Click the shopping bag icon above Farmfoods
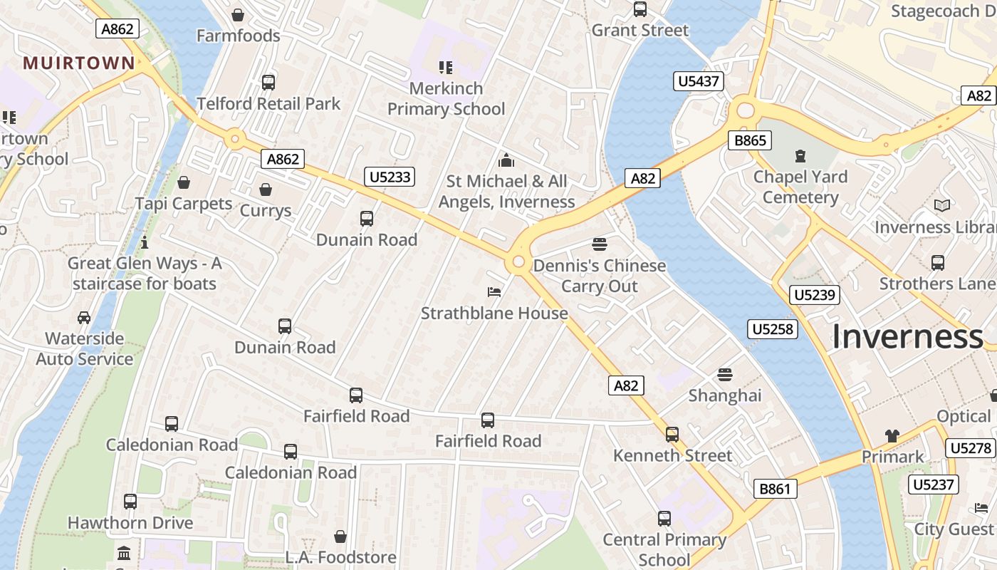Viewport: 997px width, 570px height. [238, 15]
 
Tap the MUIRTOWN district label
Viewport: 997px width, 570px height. [78, 63]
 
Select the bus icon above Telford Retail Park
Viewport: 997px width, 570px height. [268, 82]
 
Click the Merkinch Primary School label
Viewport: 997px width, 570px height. [446, 99]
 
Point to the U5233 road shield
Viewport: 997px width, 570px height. [390, 177]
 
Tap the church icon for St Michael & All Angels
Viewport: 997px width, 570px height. [506, 160]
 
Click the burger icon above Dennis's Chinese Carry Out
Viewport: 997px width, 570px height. [600, 244]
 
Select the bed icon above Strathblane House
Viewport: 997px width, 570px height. [494, 291]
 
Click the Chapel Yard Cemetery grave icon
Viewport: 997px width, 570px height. [800, 155]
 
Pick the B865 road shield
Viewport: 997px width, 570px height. [750, 140]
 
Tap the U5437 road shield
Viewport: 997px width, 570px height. [698, 81]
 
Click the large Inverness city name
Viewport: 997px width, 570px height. [907, 336]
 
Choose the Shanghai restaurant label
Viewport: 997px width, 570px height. [725, 395]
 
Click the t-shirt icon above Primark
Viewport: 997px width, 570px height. [892, 435]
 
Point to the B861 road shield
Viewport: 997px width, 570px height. [775, 489]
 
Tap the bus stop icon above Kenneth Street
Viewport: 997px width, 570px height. [672, 434]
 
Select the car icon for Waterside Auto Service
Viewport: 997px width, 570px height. [84, 317]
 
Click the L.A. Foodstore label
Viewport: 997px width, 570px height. [340, 556]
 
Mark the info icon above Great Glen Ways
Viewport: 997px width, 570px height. [145, 242]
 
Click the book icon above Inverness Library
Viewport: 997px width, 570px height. [942, 206]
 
